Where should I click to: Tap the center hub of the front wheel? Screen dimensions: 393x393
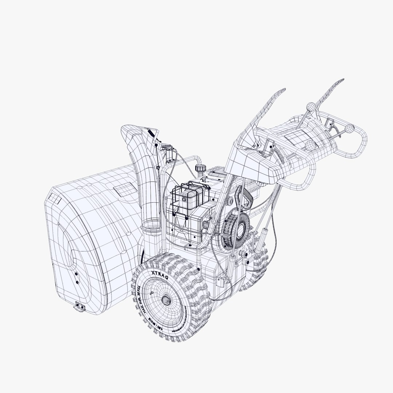(166, 299)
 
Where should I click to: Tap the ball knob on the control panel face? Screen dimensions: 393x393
(310, 145)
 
